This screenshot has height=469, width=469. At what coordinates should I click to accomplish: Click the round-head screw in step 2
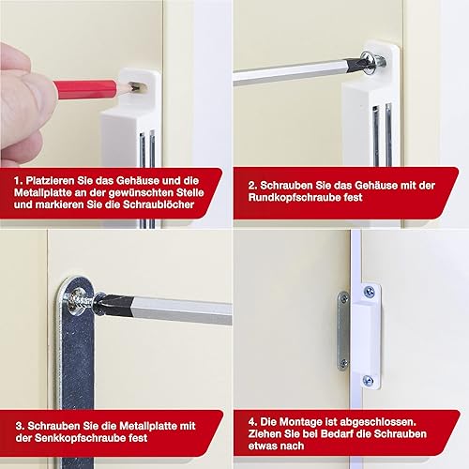click(x=373, y=63)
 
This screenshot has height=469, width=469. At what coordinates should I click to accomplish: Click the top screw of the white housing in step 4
click(x=370, y=292)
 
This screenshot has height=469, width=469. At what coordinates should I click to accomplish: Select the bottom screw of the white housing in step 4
click(x=369, y=380)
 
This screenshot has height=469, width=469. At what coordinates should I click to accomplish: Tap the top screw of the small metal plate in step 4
click(x=344, y=299)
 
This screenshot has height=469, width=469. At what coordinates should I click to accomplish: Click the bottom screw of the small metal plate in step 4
click(x=344, y=363)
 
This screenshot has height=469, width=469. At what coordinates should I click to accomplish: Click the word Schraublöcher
click(x=159, y=204)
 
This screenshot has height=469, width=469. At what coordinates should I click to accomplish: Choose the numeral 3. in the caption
click(x=20, y=426)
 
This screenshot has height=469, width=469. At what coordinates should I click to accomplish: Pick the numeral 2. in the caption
click(x=252, y=186)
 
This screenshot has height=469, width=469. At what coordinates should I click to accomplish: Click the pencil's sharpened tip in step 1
click(x=133, y=87)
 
